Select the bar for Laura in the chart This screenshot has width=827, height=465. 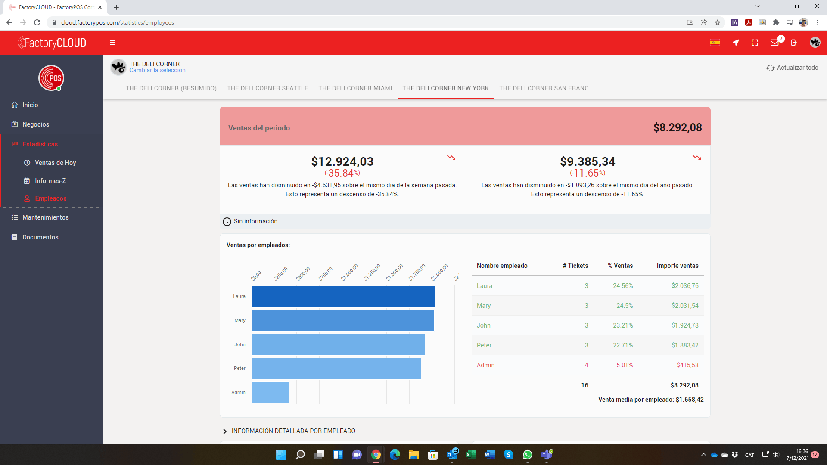[x=343, y=297]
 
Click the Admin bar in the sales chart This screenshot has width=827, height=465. [x=270, y=392]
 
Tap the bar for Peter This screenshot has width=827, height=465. [x=336, y=369]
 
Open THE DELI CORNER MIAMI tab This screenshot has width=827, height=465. [x=355, y=88]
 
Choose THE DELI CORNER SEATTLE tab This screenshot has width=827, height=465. [x=267, y=88]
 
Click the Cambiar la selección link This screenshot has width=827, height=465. [x=157, y=70]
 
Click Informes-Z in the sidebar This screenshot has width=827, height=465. [x=50, y=181]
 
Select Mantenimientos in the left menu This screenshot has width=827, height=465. [x=46, y=217]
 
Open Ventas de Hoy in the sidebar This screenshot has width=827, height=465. [x=55, y=163]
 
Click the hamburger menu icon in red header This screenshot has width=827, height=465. [x=113, y=43]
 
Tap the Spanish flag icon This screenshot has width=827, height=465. [x=715, y=42]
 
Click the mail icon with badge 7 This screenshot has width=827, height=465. [x=775, y=42]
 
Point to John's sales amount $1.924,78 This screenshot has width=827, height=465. [x=685, y=325]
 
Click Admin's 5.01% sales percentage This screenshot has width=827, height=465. [x=625, y=365]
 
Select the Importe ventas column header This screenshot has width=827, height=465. [x=678, y=266]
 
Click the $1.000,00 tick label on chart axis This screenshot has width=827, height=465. [x=350, y=273]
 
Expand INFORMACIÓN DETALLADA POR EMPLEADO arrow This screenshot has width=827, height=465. [x=225, y=431]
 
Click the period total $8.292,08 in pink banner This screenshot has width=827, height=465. [x=678, y=127]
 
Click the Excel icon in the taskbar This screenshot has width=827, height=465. [x=471, y=455]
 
